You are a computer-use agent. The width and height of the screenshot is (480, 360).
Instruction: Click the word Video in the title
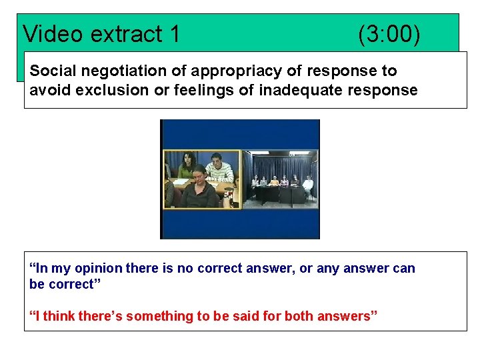click(x=51, y=34)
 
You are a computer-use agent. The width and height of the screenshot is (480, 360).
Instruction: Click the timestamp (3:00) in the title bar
click(x=389, y=34)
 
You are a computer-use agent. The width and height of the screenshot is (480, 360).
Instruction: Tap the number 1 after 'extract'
click(x=175, y=34)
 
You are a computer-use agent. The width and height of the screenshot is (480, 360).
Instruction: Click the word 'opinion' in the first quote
click(x=97, y=269)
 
